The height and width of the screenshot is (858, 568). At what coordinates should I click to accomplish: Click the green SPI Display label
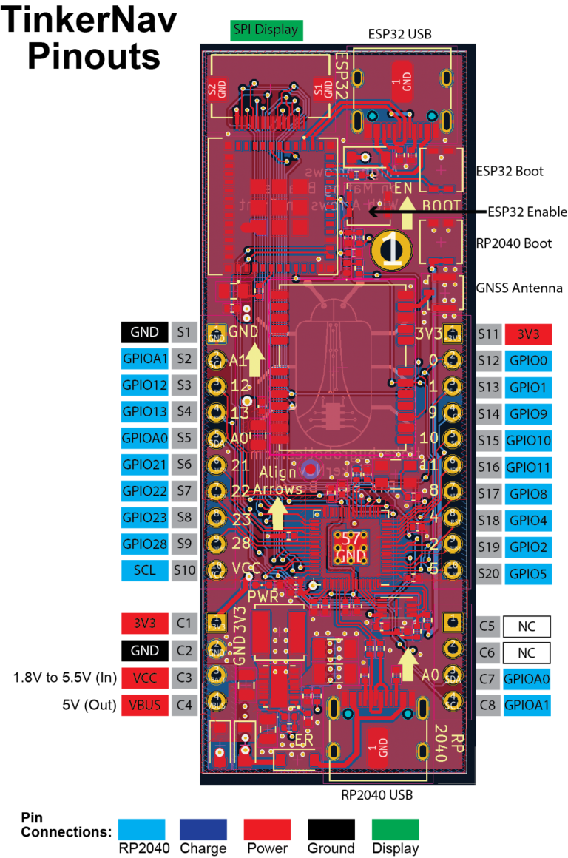(x=266, y=30)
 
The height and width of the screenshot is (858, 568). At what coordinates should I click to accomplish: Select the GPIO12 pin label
(x=144, y=385)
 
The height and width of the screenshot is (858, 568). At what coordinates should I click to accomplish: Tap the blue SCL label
(x=144, y=570)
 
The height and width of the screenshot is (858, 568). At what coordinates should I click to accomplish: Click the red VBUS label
(x=144, y=705)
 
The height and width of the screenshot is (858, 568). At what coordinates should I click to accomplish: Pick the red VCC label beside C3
(x=144, y=678)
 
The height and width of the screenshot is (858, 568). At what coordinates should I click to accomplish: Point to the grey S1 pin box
(x=184, y=333)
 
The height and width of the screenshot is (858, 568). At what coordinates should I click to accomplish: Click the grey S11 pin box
(x=488, y=334)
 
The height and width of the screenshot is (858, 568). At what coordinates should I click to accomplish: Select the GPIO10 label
(x=528, y=441)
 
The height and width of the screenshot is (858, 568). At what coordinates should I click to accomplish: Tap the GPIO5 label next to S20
(x=528, y=573)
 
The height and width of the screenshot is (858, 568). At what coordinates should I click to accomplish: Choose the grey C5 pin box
(x=488, y=626)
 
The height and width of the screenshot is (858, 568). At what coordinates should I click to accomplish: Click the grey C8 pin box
(x=488, y=705)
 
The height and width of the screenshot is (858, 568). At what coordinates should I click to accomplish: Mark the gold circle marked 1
(x=390, y=249)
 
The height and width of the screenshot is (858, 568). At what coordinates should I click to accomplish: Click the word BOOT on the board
(x=441, y=206)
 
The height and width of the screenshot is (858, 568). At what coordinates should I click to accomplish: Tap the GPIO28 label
(x=144, y=544)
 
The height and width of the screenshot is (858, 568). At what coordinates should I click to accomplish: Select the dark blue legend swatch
(x=203, y=829)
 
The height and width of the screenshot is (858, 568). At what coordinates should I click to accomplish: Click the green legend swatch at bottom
(x=395, y=829)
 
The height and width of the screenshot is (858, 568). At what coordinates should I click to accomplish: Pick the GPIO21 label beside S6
(x=144, y=465)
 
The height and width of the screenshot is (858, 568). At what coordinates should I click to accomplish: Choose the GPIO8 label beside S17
(x=528, y=493)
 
